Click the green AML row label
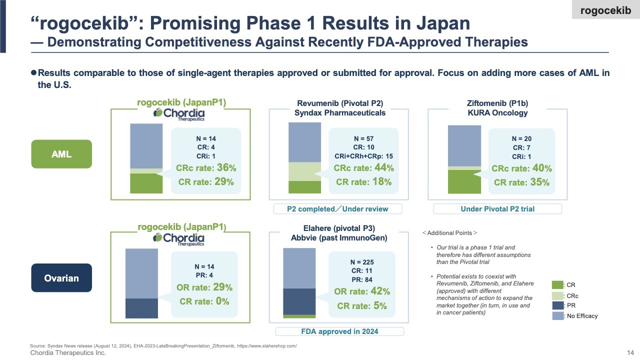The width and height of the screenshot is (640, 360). [x=61, y=154]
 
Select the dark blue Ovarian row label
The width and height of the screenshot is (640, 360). [x=61, y=277]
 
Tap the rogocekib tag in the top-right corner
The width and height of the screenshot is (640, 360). [x=605, y=10]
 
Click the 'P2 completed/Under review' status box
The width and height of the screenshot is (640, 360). [x=337, y=208]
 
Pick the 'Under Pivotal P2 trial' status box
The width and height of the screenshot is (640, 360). [x=497, y=208]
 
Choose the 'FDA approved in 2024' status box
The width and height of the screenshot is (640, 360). [x=339, y=331]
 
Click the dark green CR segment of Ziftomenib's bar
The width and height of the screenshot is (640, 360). [x=463, y=181]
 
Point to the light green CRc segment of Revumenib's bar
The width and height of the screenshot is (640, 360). [x=304, y=171]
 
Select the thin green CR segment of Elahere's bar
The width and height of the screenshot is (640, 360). [x=299, y=316]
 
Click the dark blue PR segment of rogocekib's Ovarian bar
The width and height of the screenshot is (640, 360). [x=141, y=308]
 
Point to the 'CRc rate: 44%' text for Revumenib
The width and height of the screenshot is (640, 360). [x=363, y=168]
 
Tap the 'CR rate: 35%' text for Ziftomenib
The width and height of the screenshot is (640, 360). [x=521, y=182]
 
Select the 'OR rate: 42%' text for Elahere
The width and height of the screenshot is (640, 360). [x=362, y=291]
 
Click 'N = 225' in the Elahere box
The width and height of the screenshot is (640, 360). [x=362, y=262]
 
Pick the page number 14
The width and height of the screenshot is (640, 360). [x=630, y=353]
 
